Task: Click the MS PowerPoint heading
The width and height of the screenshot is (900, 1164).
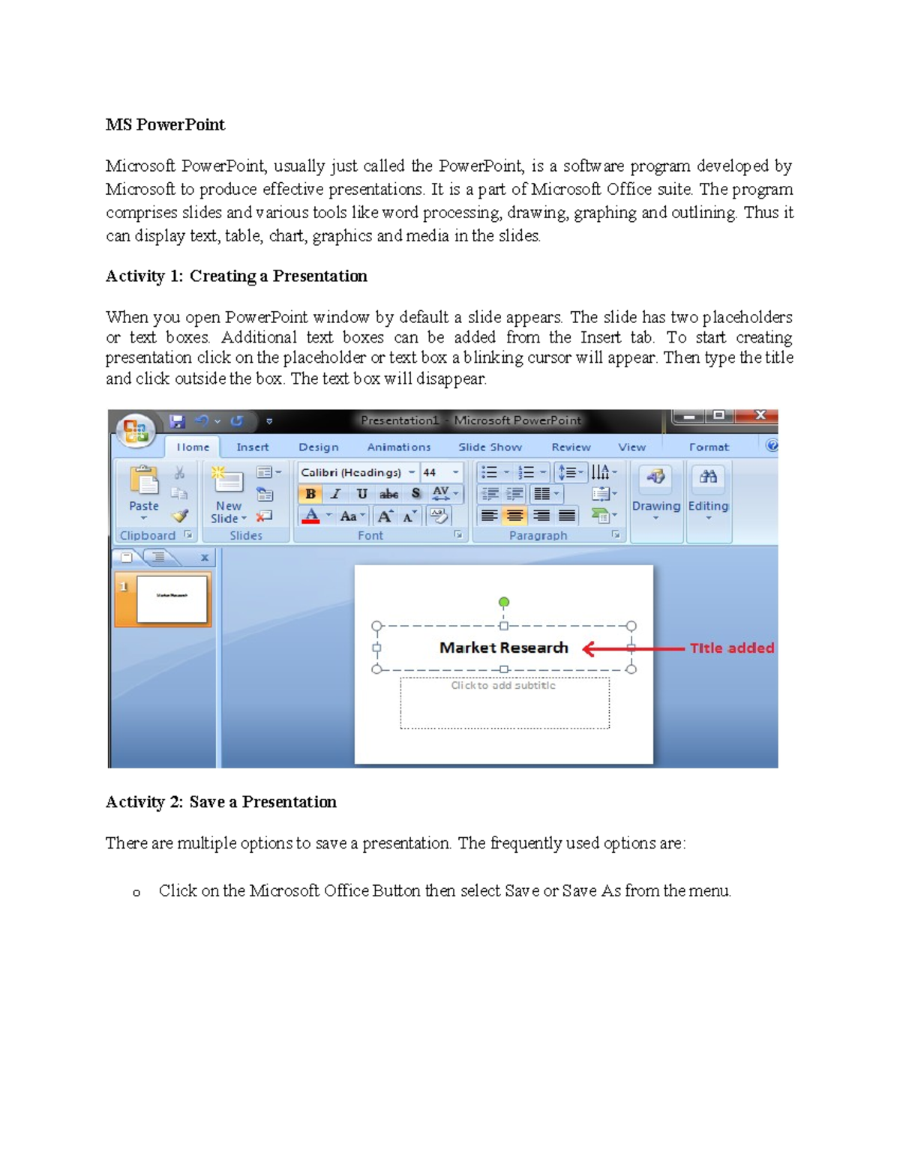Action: [165, 124]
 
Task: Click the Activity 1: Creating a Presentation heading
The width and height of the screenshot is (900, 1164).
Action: [236, 276]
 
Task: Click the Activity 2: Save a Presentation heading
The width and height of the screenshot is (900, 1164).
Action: [220, 802]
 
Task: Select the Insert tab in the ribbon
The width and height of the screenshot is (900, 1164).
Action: [252, 447]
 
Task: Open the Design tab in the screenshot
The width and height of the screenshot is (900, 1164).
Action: [318, 447]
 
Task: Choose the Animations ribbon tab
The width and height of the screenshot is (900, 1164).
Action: [398, 447]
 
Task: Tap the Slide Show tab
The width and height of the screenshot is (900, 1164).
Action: [490, 447]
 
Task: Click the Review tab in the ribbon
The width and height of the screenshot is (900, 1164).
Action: [571, 447]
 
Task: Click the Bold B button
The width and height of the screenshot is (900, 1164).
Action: [310, 494]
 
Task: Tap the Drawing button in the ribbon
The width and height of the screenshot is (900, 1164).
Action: [655, 492]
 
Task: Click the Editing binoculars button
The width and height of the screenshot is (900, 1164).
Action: [708, 492]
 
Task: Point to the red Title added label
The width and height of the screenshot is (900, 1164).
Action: [732, 648]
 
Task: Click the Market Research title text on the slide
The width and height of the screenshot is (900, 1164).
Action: [503, 648]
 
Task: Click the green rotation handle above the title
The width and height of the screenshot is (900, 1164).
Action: [504, 602]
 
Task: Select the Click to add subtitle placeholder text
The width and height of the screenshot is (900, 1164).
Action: [503, 685]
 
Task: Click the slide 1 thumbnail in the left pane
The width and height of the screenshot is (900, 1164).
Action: [171, 598]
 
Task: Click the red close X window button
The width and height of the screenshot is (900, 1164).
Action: [759, 415]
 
